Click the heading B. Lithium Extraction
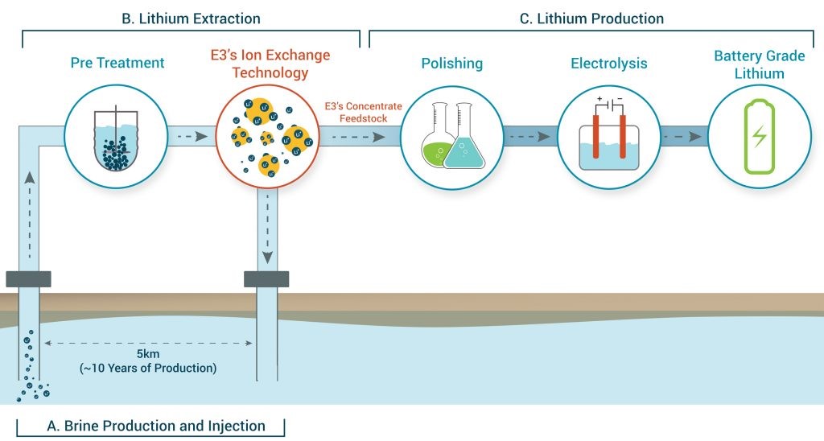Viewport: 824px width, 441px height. coord(191,18)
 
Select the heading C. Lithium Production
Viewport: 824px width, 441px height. coord(591,18)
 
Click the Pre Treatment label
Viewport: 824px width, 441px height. coord(117,63)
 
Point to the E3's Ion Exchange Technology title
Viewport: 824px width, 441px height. coord(270,64)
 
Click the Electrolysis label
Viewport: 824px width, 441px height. coord(608,63)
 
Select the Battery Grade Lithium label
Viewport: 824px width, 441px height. coord(760,64)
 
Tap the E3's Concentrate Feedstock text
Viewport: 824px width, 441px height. coord(356,112)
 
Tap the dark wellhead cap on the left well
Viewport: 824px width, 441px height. coord(29,279)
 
